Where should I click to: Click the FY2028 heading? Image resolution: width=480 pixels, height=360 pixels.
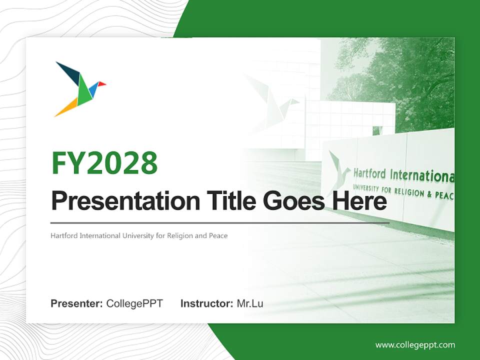pyautogui.click(x=104, y=163)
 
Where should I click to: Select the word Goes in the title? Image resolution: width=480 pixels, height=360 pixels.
pyautogui.click(x=294, y=201)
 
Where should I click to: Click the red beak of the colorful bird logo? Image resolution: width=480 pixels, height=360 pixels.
pyautogui.click(x=102, y=83)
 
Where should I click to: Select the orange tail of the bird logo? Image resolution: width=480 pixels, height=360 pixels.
pyautogui.click(x=66, y=107)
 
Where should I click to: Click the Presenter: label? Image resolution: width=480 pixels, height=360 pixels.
pyautogui.click(x=76, y=303)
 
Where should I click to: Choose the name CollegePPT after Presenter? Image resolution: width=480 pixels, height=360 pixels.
pyautogui.click(x=134, y=303)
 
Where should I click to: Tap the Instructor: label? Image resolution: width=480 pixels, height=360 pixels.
pyautogui.click(x=207, y=303)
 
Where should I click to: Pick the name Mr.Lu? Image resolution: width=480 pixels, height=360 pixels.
pyautogui.click(x=250, y=303)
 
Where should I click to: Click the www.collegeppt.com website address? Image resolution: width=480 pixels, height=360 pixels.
pyautogui.click(x=415, y=345)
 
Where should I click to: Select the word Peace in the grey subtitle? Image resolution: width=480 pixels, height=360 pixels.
pyautogui.click(x=218, y=235)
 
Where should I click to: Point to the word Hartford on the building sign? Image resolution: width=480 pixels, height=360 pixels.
pyautogui.click(x=369, y=173)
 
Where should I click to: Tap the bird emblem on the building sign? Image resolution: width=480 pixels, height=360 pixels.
pyautogui.click(x=339, y=172)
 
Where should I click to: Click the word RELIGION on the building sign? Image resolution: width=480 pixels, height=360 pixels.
pyautogui.click(x=409, y=192)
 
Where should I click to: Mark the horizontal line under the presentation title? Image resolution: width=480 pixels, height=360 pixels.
pyautogui.click(x=220, y=223)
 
